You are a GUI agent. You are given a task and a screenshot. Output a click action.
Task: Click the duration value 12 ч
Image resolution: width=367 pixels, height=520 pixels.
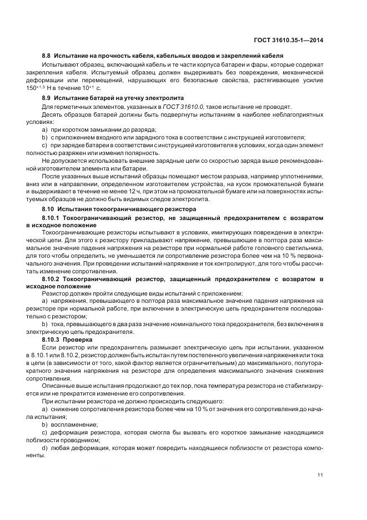162,191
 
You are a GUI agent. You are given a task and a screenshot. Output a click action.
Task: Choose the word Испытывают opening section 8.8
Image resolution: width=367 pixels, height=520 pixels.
59,64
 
